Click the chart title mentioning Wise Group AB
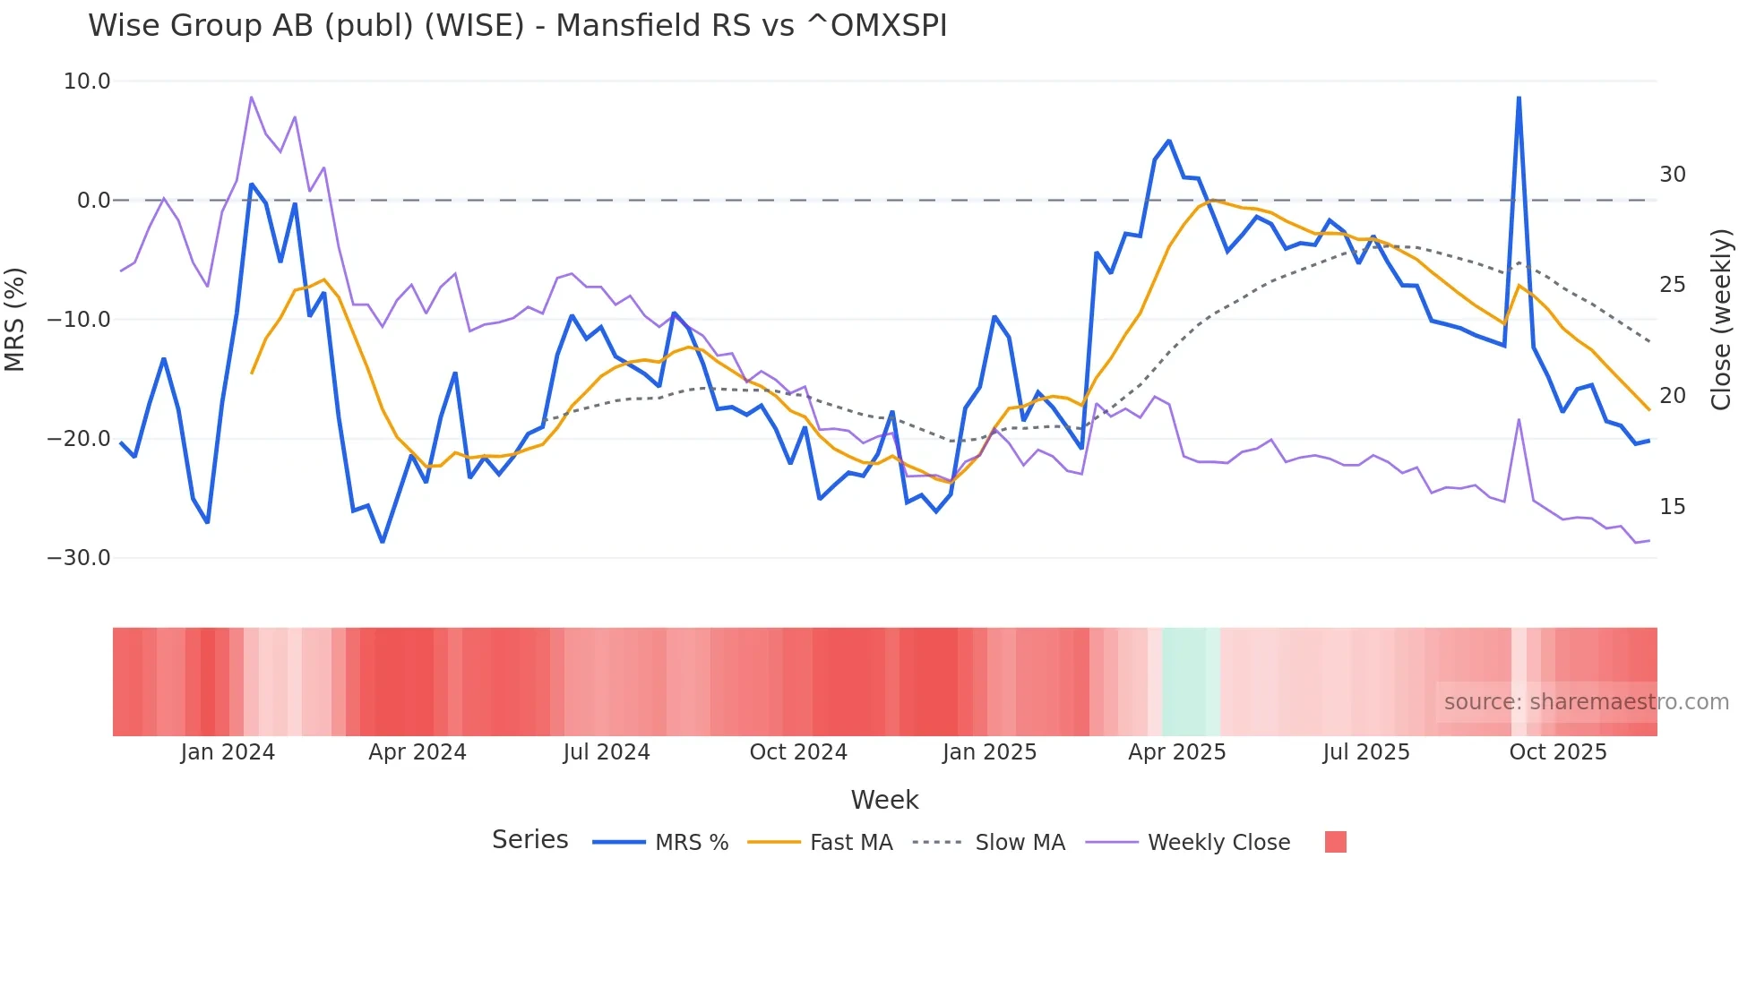point(517,25)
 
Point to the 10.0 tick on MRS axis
point(87,82)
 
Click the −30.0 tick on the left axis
point(79,558)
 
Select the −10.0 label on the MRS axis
point(79,320)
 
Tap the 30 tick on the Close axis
point(1672,175)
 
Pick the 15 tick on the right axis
point(1672,507)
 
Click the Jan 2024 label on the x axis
point(228,752)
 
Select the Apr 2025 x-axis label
point(1176,752)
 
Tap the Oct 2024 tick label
point(797,752)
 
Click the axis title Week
point(884,800)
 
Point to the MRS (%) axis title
point(15,320)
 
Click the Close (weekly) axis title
point(1720,320)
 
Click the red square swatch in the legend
point(1335,842)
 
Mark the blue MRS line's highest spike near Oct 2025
point(1519,98)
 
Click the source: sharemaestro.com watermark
point(1586,702)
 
